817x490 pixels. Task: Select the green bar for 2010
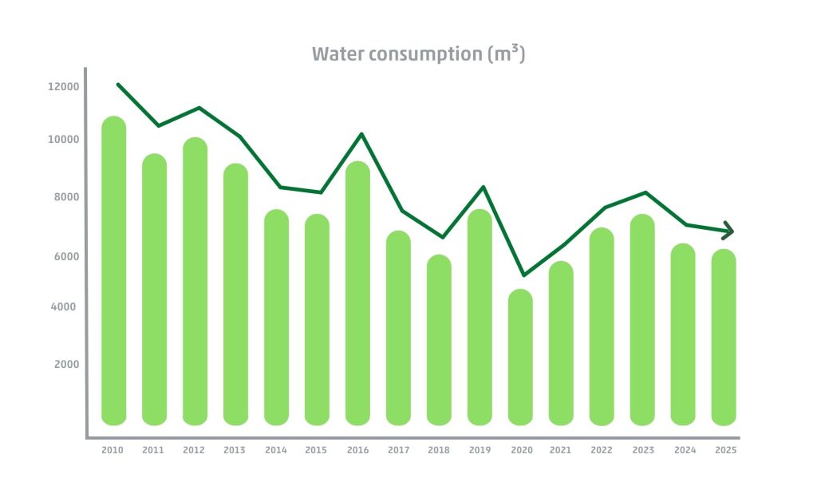click(114, 271)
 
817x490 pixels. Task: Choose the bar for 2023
click(642, 319)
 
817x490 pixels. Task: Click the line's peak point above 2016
click(362, 134)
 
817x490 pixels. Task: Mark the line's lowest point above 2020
click(523, 275)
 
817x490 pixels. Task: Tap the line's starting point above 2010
click(118, 84)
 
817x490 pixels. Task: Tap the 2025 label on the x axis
click(725, 451)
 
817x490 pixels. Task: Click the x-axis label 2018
click(439, 451)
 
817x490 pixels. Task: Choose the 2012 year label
click(194, 451)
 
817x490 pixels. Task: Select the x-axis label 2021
click(561, 451)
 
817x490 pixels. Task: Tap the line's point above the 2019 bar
click(482, 187)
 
